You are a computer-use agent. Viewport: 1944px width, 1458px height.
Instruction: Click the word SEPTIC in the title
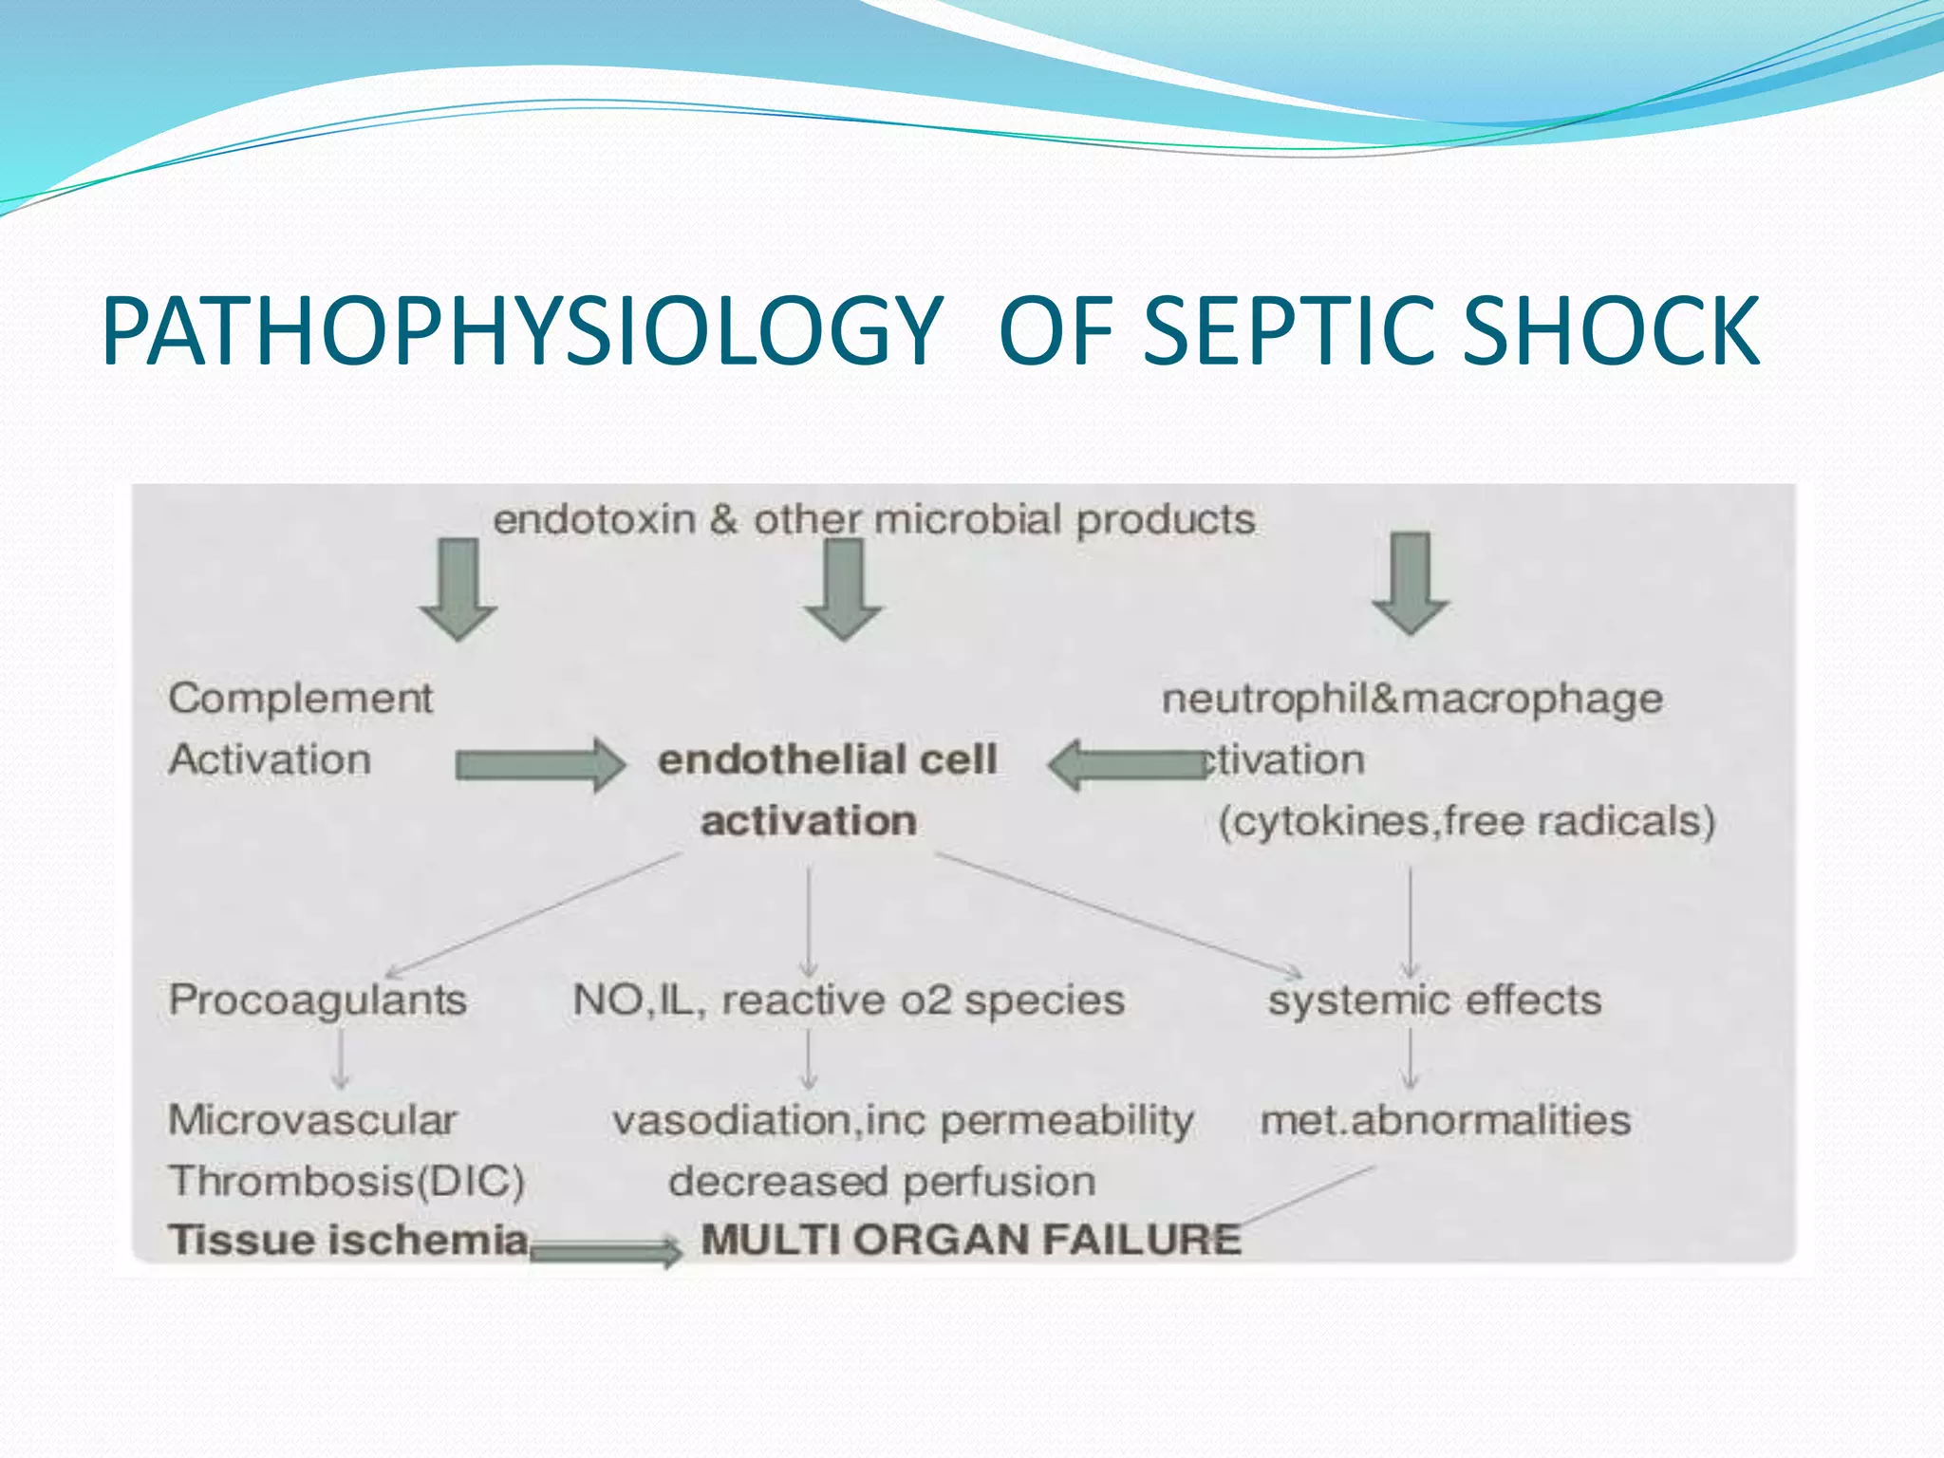click(x=1295, y=330)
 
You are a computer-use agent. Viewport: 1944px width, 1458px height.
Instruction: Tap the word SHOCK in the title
click(x=1611, y=330)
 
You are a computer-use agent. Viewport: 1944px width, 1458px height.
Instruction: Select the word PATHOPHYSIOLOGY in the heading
click(x=521, y=330)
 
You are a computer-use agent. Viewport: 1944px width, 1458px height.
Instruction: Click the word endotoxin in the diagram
click(x=595, y=519)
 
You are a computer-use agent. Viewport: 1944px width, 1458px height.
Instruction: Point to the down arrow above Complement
click(x=458, y=589)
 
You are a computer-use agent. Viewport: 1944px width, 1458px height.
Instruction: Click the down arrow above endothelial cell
click(x=844, y=589)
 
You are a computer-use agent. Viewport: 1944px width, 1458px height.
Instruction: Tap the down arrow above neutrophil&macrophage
click(x=1411, y=583)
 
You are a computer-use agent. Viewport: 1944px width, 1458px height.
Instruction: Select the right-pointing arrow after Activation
click(x=540, y=764)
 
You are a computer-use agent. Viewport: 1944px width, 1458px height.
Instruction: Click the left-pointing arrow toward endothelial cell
click(x=1126, y=765)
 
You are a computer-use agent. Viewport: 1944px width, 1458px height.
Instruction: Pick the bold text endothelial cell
click(x=827, y=759)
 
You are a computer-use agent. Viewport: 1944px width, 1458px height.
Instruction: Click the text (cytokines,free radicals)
click(x=1467, y=821)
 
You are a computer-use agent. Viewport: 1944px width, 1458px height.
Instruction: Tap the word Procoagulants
click(x=317, y=1000)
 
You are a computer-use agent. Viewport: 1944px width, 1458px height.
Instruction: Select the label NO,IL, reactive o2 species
click(x=849, y=1000)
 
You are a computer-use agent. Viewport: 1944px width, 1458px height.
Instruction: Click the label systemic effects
click(x=1434, y=1000)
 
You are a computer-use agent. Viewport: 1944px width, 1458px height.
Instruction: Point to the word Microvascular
click(x=312, y=1120)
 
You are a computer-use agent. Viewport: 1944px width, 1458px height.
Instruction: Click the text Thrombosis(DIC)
click(x=346, y=1181)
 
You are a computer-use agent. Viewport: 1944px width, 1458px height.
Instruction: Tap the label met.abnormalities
click(x=1445, y=1120)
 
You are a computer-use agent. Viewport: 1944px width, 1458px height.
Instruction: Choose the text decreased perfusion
click(x=882, y=1182)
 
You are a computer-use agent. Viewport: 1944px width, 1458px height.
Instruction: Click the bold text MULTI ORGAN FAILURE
click(x=970, y=1240)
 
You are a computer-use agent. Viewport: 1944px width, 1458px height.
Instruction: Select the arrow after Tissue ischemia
click(x=606, y=1252)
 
